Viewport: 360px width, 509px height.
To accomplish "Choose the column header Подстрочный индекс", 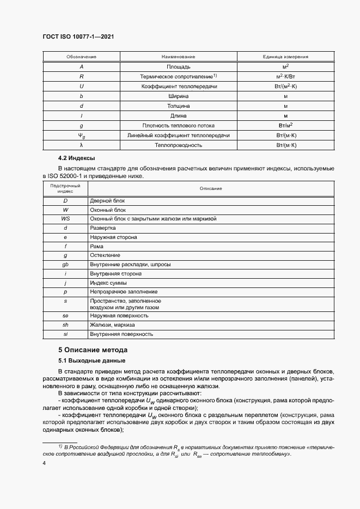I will point(65,188).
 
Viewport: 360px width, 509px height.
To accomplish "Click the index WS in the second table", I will point(65,218).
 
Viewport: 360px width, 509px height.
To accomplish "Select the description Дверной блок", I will point(107,201).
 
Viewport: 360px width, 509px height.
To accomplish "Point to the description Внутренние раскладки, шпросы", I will point(130,265).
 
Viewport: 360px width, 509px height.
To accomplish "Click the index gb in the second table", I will point(65,265).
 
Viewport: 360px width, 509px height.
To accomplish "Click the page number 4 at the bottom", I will point(45,463).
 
